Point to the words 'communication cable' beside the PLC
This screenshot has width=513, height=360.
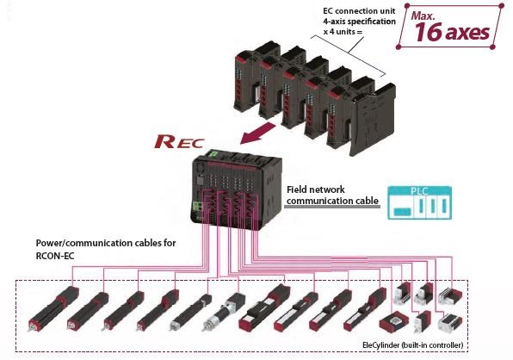coord(332,202)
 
